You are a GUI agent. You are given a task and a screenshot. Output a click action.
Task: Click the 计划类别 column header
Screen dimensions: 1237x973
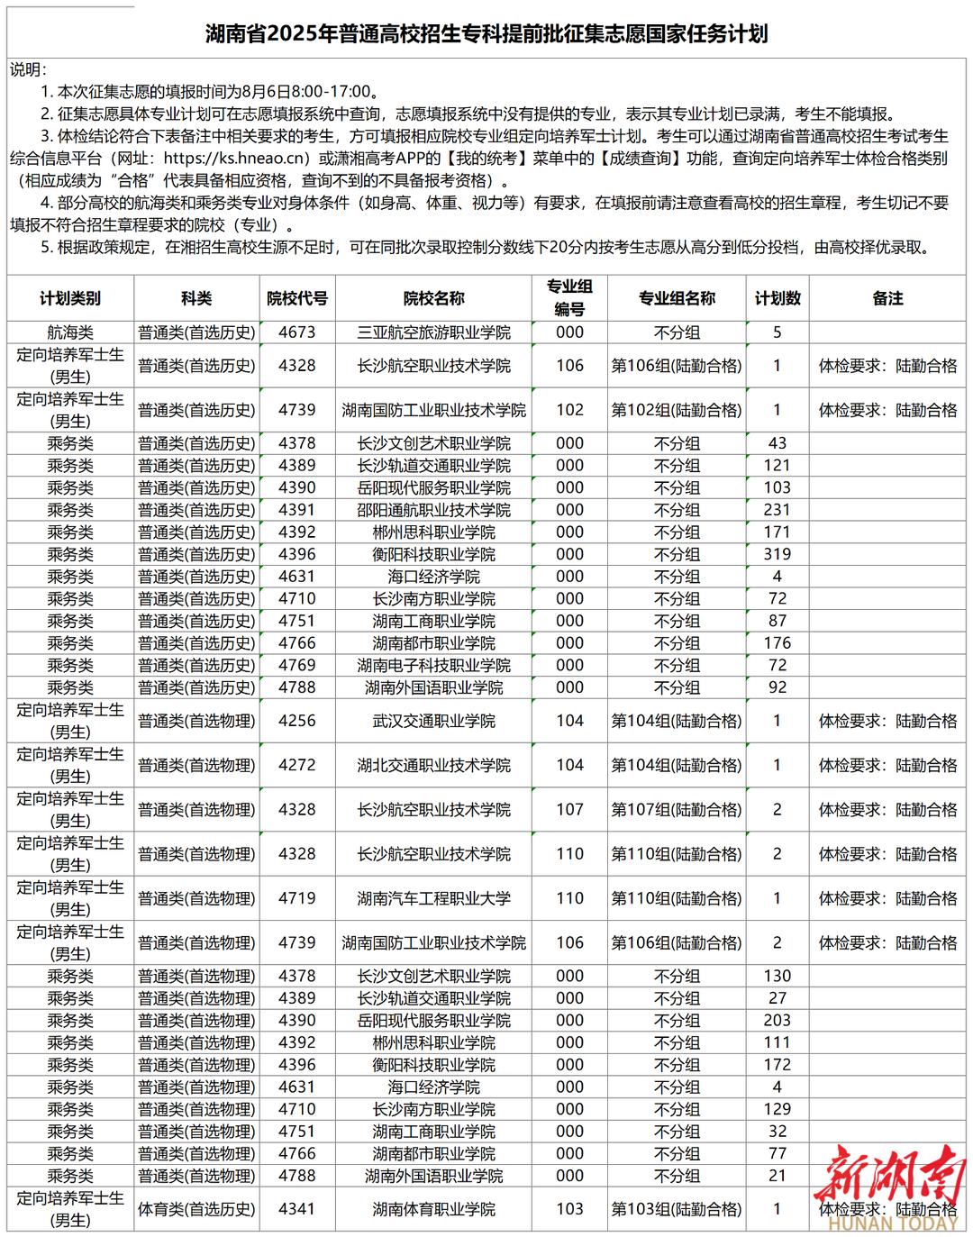tap(70, 298)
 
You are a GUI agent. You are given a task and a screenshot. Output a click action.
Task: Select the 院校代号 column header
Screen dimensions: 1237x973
tap(296, 298)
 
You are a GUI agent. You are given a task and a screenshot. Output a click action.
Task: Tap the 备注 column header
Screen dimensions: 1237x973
tap(887, 298)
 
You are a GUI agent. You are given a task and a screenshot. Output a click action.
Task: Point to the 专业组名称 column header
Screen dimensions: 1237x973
tap(677, 298)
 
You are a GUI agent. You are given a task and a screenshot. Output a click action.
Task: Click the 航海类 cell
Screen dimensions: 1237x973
tap(70, 332)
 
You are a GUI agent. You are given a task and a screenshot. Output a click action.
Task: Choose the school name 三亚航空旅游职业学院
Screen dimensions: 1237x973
tap(433, 332)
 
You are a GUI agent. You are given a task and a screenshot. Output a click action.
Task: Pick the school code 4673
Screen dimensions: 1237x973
tap(296, 332)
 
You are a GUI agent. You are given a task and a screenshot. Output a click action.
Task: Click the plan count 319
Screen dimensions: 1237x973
tap(777, 555)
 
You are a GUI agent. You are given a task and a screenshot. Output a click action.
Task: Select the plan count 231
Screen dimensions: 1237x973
tap(777, 510)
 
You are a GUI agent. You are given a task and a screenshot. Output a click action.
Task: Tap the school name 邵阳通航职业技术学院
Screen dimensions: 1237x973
tap(433, 510)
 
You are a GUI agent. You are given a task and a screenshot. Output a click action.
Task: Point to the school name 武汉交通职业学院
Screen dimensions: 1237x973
tap(433, 721)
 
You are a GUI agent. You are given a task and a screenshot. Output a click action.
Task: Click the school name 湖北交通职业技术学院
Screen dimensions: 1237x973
tap(433, 765)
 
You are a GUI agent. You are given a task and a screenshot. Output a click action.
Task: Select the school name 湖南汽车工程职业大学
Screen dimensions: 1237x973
tap(433, 898)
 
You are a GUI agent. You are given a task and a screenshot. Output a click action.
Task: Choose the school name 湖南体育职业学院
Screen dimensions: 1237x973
tap(433, 1209)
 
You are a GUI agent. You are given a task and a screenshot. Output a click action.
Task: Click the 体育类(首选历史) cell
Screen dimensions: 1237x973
tap(196, 1209)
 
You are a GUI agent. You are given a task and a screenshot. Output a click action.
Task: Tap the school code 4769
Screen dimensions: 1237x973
tap(296, 666)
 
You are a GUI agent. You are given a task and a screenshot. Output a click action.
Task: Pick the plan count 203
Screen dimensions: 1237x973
tap(777, 1021)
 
